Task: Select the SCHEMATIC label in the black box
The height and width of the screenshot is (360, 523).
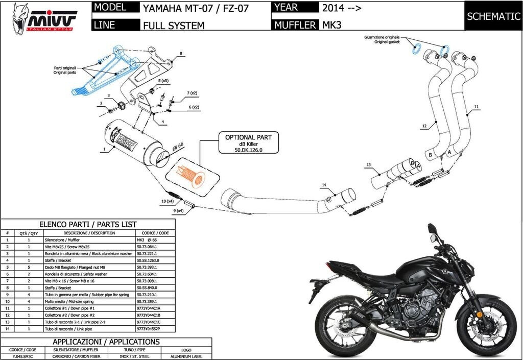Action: point(493,16)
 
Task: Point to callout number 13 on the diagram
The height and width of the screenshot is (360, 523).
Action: point(368,165)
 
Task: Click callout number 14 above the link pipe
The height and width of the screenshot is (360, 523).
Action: point(324,184)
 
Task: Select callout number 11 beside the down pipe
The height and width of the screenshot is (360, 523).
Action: point(476,107)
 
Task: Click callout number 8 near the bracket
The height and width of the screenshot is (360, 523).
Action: point(180,53)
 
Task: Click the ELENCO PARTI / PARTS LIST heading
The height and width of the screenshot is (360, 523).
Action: point(88,224)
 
